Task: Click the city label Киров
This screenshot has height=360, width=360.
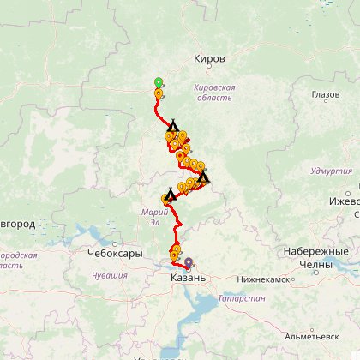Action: [x=211, y=59]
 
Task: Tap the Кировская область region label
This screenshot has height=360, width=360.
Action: [x=214, y=93]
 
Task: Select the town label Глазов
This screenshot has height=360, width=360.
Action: [x=326, y=94]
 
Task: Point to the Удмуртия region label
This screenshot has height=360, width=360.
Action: [x=332, y=171]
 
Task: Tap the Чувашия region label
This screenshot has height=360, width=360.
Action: [x=110, y=275]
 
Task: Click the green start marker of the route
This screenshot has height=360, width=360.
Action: [x=158, y=82]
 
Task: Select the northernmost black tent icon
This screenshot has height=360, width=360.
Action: [x=172, y=126]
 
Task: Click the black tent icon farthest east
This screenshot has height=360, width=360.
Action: [x=204, y=177]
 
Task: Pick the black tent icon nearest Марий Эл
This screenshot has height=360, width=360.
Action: [x=171, y=194]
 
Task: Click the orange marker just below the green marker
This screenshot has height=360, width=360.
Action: [x=158, y=93]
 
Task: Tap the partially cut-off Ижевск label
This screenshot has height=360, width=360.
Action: [x=345, y=201]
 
